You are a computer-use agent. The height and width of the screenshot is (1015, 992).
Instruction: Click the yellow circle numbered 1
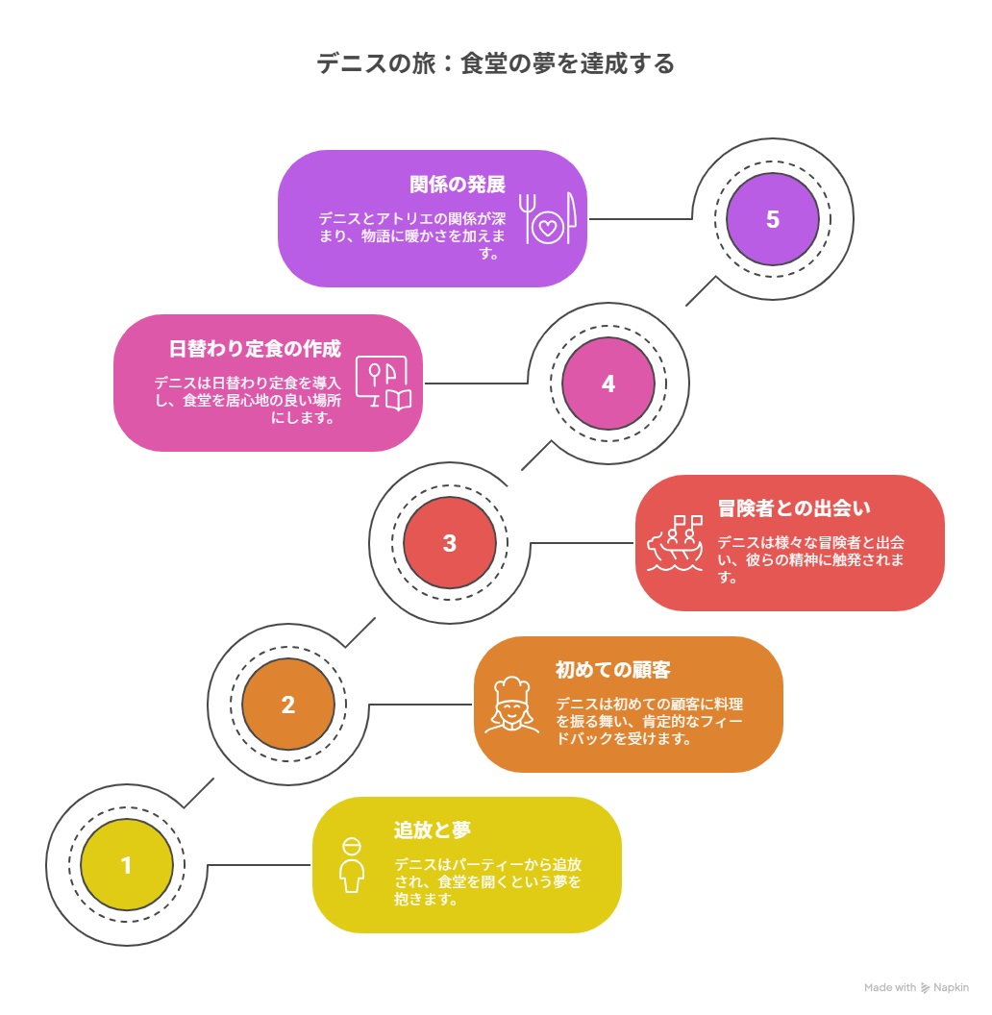click(x=126, y=865)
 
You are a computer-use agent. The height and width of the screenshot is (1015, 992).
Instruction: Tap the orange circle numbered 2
click(x=288, y=705)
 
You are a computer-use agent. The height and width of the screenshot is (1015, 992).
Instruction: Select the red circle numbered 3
click(x=449, y=542)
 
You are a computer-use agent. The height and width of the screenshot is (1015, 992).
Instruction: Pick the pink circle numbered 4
click(x=608, y=384)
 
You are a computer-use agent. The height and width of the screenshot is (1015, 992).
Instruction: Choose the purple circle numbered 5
click(x=773, y=219)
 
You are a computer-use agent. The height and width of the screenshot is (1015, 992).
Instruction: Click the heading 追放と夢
click(x=432, y=829)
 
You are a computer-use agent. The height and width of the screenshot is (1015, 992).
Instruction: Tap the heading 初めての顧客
click(x=612, y=669)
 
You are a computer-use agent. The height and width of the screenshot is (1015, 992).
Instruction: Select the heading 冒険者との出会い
click(x=794, y=508)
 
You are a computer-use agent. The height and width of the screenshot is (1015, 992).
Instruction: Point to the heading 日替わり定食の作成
click(x=255, y=349)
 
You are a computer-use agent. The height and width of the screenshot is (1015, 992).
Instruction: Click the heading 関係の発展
click(x=458, y=185)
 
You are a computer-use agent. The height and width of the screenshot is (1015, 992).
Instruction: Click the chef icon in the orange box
click(x=511, y=705)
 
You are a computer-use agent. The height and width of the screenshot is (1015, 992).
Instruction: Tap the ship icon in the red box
click(x=676, y=542)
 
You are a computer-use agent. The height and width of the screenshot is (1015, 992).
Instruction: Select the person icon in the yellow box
click(x=352, y=865)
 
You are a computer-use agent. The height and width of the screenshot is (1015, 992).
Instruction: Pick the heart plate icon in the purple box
click(x=548, y=218)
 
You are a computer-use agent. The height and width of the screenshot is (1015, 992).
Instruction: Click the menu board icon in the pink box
click(x=384, y=383)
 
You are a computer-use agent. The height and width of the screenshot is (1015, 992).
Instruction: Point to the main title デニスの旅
click(x=376, y=63)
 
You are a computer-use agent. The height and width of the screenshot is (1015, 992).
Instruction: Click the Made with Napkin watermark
click(x=916, y=987)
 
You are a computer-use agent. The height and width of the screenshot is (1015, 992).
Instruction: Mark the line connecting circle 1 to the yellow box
click(x=259, y=865)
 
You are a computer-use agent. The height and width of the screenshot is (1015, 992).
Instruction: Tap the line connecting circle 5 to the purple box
click(x=640, y=219)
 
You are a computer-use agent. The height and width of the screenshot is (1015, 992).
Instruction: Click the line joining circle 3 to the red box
click(x=583, y=542)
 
